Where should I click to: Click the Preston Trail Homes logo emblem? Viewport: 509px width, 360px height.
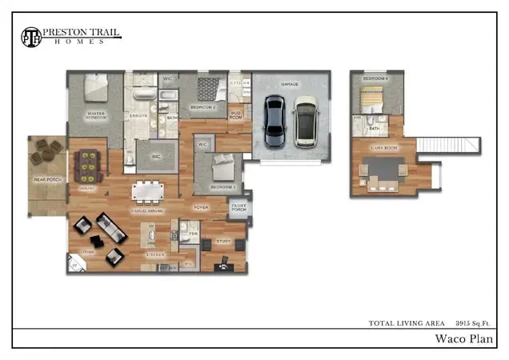tap(30, 37)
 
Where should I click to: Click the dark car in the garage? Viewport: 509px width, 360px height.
tap(274, 121)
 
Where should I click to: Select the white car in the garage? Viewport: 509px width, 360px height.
tap(305, 121)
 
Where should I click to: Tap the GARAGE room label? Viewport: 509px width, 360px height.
tap(289, 84)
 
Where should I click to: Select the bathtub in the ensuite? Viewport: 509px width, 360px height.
tap(144, 94)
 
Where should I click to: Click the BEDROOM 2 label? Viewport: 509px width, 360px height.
tap(203, 106)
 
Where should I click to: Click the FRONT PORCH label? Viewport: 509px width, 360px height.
tap(238, 211)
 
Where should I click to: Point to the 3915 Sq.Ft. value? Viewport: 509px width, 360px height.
tap(474, 322)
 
